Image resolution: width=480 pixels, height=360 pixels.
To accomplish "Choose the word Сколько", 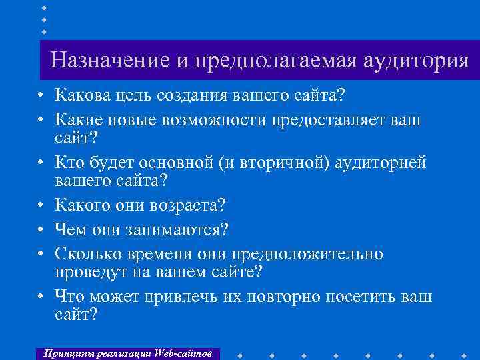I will (86, 255).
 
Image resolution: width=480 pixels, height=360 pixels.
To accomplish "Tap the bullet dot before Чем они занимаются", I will (41, 231).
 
